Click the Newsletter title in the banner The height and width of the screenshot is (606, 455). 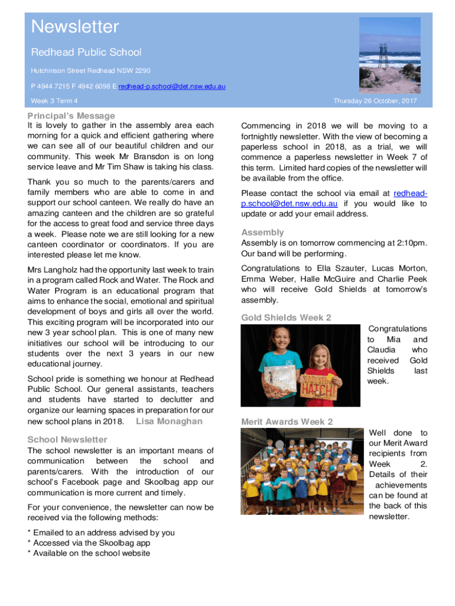coord(75,27)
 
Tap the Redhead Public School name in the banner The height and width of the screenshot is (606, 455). coord(86,53)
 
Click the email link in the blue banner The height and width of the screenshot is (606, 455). coord(172,87)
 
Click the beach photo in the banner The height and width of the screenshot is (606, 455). coord(390,54)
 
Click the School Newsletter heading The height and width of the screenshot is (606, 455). coord(67,440)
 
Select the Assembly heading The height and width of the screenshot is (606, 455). coord(262,233)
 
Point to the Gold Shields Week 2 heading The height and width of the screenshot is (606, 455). coord(286,318)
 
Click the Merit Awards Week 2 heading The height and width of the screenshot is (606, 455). coord(287,422)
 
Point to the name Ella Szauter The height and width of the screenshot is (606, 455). coord(329,269)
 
